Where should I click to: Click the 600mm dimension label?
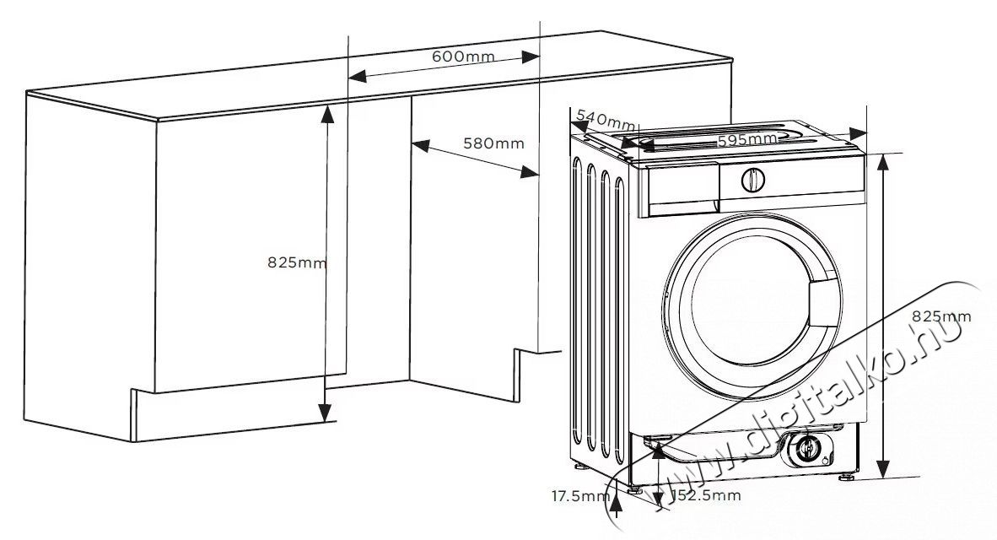click(463, 57)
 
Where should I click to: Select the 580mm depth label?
click(493, 143)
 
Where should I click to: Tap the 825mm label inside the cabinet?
click(296, 262)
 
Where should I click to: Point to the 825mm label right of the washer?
click(941, 316)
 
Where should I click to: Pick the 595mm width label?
click(747, 140)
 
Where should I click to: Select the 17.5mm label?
click(580, 495)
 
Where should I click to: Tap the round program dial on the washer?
click(753, 179)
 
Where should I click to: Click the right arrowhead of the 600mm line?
click(531, 57)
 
